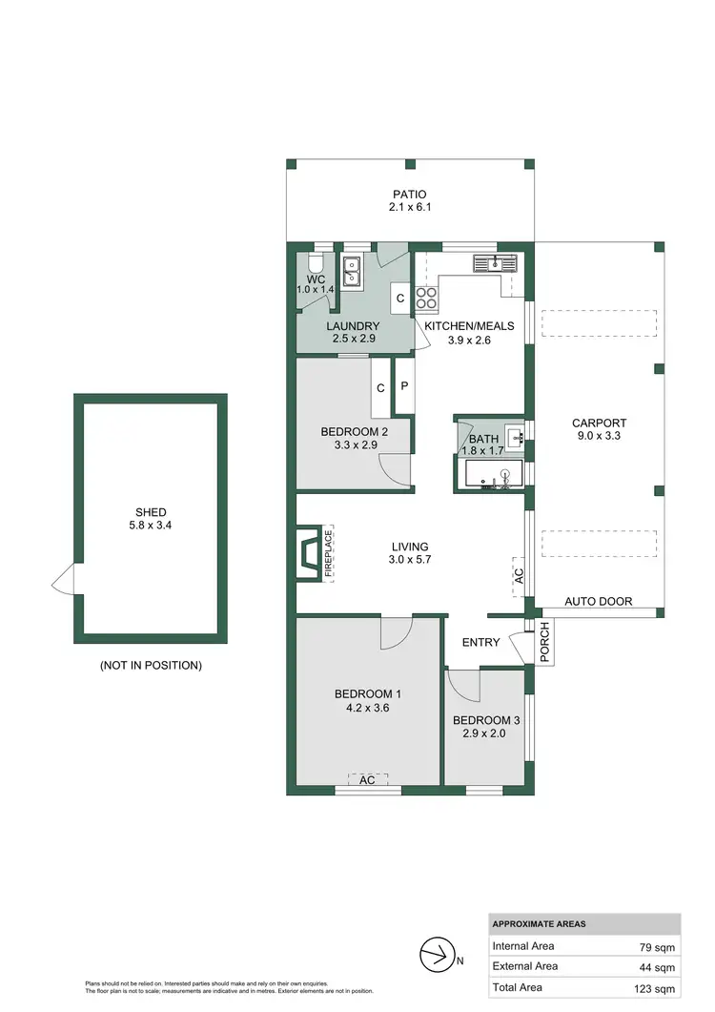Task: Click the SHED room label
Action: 151,512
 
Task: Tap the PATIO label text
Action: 407,195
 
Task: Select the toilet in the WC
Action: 315,264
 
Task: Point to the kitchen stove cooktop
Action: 426,298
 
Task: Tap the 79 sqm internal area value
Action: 657,946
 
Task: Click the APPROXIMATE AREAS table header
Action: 540,924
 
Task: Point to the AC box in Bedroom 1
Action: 367,779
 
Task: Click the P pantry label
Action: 404,387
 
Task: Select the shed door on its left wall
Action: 63,578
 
